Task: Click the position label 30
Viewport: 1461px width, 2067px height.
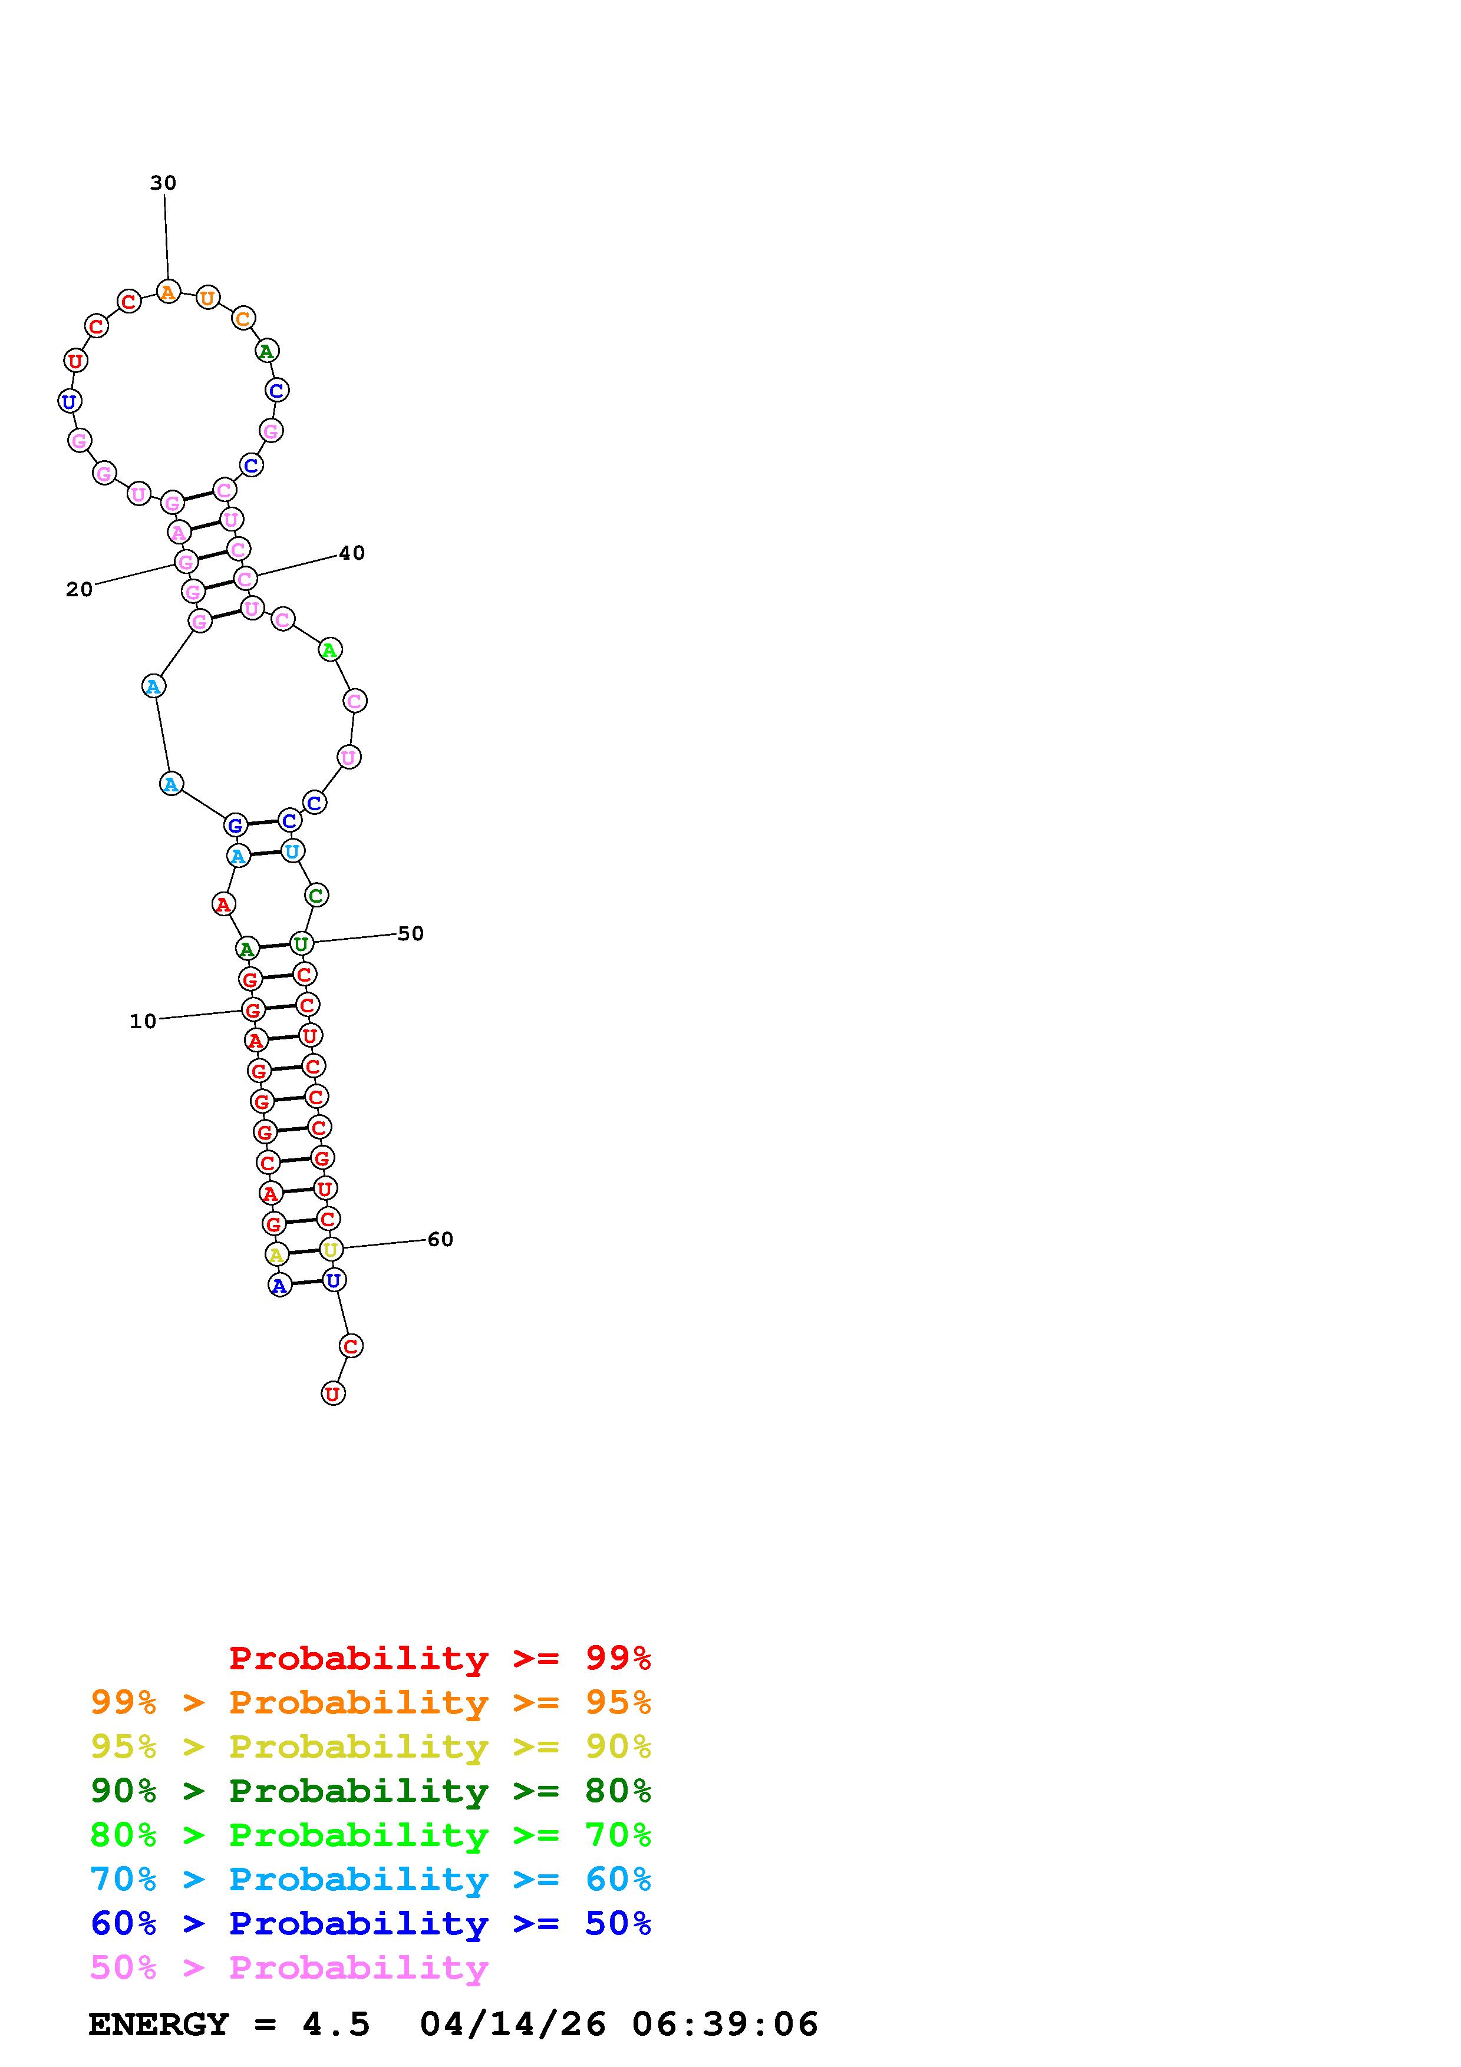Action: point(163,183)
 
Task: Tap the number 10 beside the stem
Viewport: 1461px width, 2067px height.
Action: point(143,1021)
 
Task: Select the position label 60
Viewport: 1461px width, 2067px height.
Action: point(440,1240)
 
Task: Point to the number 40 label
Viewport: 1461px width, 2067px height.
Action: point(352,553)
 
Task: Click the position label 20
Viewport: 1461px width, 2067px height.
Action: point(79,590)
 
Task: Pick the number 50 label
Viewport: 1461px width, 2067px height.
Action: point(411,933)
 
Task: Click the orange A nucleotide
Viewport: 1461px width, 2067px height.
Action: point(169,292)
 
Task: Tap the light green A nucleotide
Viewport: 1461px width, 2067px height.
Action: point(331,649)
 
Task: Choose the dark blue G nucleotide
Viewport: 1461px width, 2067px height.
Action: point(235,825)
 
